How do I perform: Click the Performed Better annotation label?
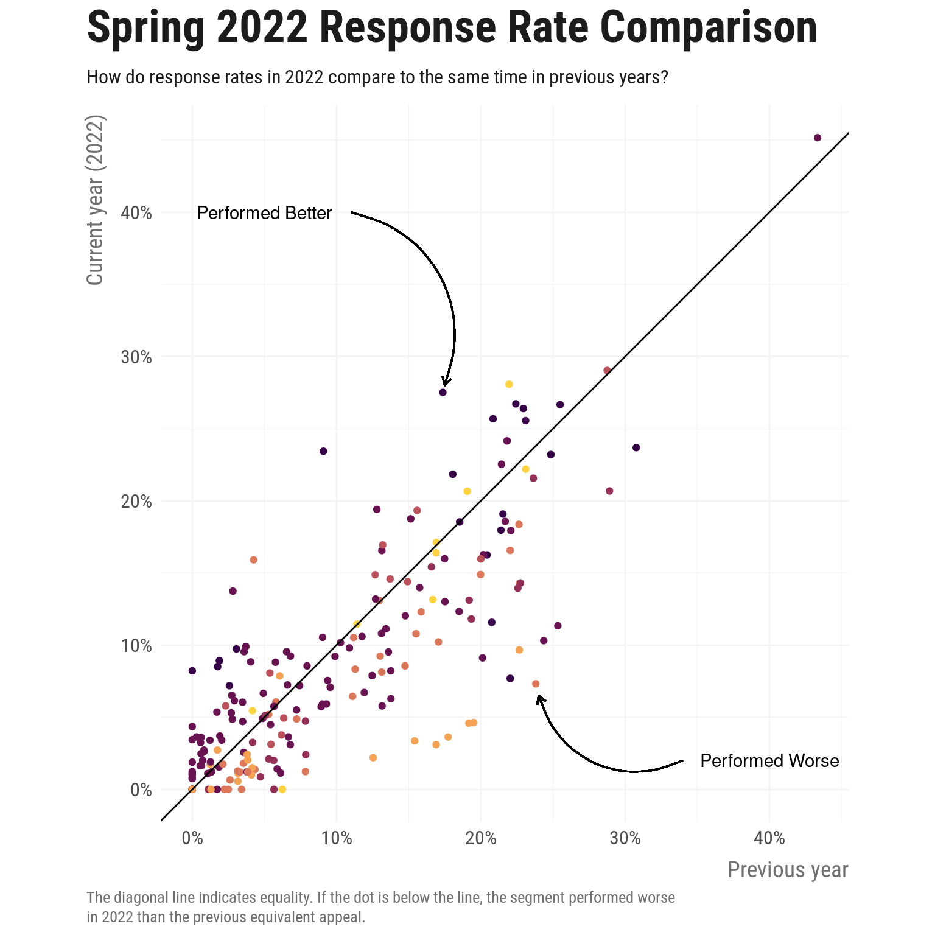pyautogui.click(x=264, y=213)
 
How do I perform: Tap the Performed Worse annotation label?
pyautogui.click(x=769, y=761)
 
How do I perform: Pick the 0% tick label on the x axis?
pyautogui.click(x=192, y=838)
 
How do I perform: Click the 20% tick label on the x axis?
pyautogui.click(x=481, y=838)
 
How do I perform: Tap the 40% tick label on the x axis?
pyautogui.click(x=769, y=838)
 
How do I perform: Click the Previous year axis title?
pyautogui.click(x=788, y=870)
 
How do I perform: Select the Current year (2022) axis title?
pyautogui.click(x=96, y=200)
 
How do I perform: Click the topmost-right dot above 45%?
pyautogui.click(x=818, y=138)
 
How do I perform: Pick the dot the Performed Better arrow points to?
pyautogui.click(x=443, y=393)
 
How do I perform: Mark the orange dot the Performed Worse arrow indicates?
pyautogui.click(x=536, y=684)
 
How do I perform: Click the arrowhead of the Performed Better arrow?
pyautogui.click(x=446, y=383)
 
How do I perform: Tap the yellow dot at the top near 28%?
pyautogui.click(x=509, y=384)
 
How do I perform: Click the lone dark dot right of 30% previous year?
pyautogui.click(x=636, y=447)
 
